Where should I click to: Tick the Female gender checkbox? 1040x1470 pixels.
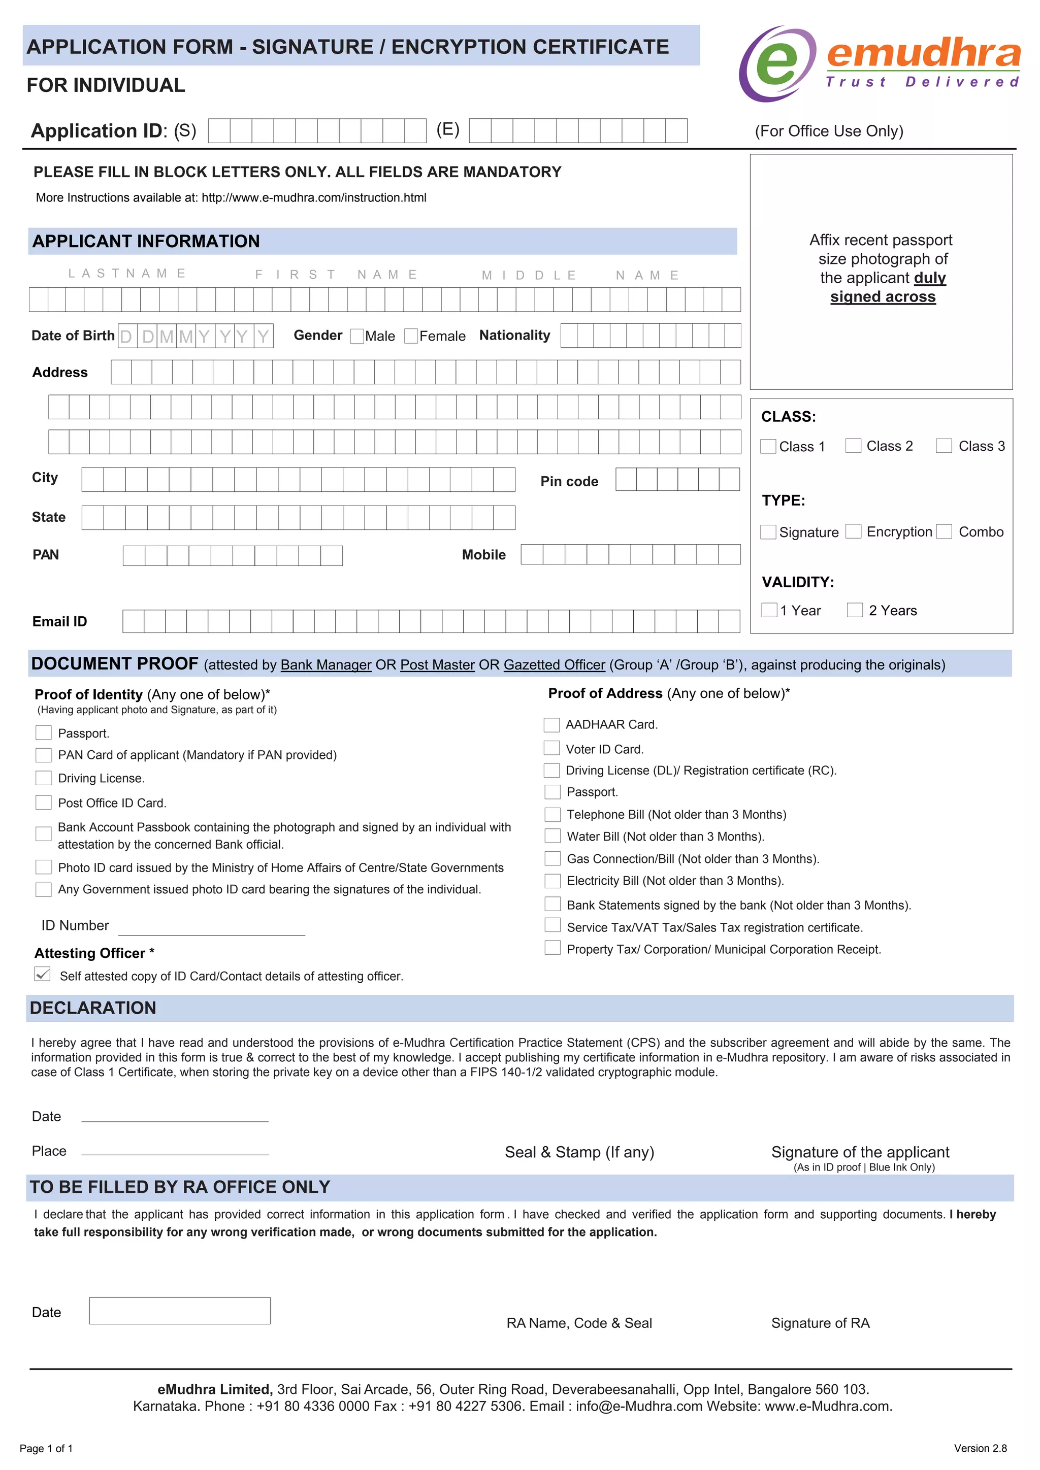[x=411, y=336]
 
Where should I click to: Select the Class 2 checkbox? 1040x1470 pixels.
[x=853, y=446]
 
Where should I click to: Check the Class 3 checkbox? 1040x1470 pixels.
[x=944, y=446]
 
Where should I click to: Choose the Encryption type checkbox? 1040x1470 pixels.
[x=853, y=531]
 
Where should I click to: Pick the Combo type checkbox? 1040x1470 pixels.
[x=944, y=531]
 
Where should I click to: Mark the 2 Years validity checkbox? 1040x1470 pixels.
[x=854, y=610]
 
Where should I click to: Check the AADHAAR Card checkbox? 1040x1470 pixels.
[x=551, y=725]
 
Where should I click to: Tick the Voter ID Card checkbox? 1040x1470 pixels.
[x=551, y=748]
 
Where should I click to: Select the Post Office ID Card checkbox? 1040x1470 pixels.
[x=44, y=802]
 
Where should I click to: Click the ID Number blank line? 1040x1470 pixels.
[x=211, y=928]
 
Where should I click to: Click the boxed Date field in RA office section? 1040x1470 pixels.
[x=179, y=1311]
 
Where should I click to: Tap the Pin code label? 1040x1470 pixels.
[x=569, y=482]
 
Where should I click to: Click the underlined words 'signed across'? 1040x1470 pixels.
[x=883, y=297]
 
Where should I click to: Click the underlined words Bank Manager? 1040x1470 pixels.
[x=326, y=665]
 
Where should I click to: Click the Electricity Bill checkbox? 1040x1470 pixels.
[x=552, y=881]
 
